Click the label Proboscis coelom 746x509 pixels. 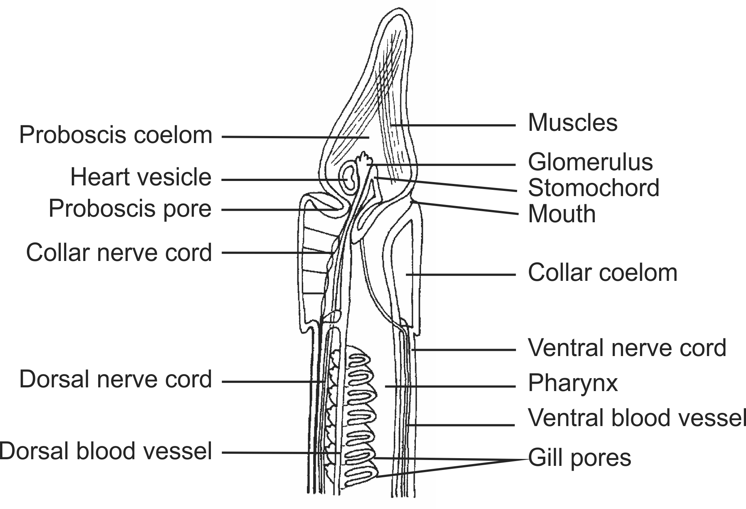[x=116, y=135]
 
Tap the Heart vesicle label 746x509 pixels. [x=141, y=177]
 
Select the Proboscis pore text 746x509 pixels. [x=130, y=209]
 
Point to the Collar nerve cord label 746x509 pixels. [x=119, y=253]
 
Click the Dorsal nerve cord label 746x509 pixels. [x=116, y=380]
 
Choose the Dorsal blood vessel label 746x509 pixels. [x=106, y=452]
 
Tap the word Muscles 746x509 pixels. [x=573, y=123]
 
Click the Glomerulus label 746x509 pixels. [x=590, y=162]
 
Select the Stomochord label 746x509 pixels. [x=593, y=188]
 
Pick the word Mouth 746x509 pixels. [x=562, y=214]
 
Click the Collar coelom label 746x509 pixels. [x=602, y=273]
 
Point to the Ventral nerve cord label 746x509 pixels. [x=627, y=348]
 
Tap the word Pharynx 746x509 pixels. [x=573, y=383]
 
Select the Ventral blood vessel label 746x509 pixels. [x=637, y=418]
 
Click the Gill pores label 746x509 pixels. [x=580, y=458]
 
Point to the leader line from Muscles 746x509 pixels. [x=453, y=125]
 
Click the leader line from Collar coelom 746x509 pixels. [x=460, y=275]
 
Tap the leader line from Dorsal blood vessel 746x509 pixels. [x=280, y=453]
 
